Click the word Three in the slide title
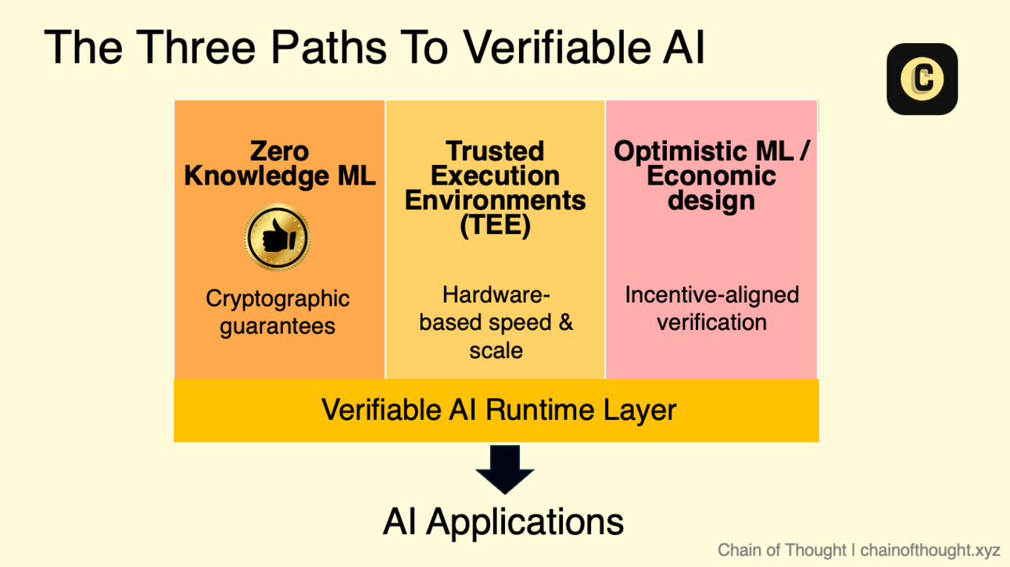(195, 48)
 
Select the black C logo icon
(922, 79)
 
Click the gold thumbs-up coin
(278, 237)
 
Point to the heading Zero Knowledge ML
(280, 163)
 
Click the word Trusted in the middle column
(495, 151)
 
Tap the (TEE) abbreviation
(495, 224)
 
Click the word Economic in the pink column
(711, 175)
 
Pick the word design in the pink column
(711, 201)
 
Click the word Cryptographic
(278, 299)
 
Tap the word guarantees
(278, 326)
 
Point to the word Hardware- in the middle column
(496, 295)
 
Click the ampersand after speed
(565, 322)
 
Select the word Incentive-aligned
(711, 296)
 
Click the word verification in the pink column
(711, 322)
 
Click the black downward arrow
(504, 469)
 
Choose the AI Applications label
(503, 522)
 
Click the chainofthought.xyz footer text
(929, 551)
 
